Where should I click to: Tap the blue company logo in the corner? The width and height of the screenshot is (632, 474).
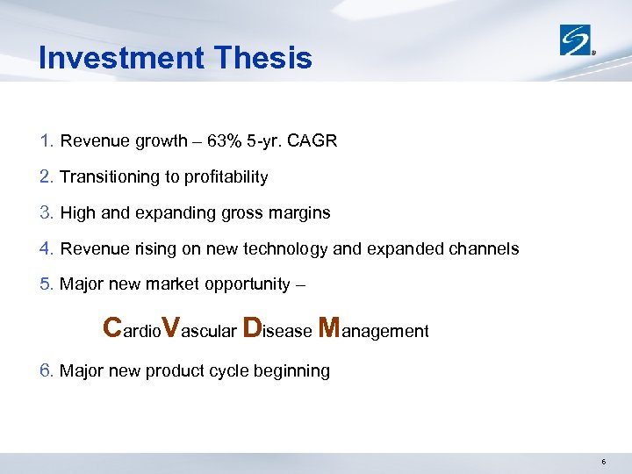point(578,39)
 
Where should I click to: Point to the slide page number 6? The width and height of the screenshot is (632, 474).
point(604,462)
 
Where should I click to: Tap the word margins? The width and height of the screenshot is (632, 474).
point(300,213)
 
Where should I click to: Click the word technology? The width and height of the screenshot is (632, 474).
point(291,249)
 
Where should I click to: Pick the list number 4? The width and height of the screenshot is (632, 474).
point(47,249)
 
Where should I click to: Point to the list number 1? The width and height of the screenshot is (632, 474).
point(47,141)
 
